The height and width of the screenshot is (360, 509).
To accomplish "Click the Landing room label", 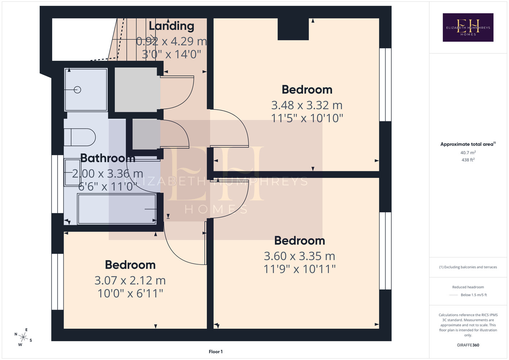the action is [x=171, y=26].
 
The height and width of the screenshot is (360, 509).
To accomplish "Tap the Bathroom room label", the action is [x=108, y=158].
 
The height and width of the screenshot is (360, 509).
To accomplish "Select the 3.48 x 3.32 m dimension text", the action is [x=307, y=105].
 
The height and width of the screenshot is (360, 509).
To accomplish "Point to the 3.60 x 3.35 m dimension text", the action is [x=299, y=256].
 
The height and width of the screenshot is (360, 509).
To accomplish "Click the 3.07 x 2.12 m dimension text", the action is [x=130, y=280].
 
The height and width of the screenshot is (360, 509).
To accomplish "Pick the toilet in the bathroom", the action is [x=80, y=137].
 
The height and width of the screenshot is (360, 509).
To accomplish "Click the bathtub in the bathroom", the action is [x=117, y=209].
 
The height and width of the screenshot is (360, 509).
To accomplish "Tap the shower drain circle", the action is [x=77, y=90].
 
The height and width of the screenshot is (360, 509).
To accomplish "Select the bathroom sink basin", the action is [x=72, y=173].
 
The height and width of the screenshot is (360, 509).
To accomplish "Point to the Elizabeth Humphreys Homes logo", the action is [x=468, y=27].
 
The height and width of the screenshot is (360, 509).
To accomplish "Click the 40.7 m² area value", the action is [x=468, y=153].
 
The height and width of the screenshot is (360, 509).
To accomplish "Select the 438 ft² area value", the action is [x=468, y=160].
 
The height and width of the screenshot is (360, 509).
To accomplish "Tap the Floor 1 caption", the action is [x=216, y=352].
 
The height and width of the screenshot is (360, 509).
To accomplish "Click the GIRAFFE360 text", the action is [x=468, y=345].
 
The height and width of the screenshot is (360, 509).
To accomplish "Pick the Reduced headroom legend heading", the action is [x=468, y=287].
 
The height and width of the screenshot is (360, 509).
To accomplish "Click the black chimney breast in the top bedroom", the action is [x=293, y=29].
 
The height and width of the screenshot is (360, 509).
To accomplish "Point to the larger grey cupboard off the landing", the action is [x=136, y=90].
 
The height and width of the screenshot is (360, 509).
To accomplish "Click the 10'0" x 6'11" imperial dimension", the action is [x=130, y=293].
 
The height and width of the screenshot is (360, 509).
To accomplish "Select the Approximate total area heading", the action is [x=468, y=144].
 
